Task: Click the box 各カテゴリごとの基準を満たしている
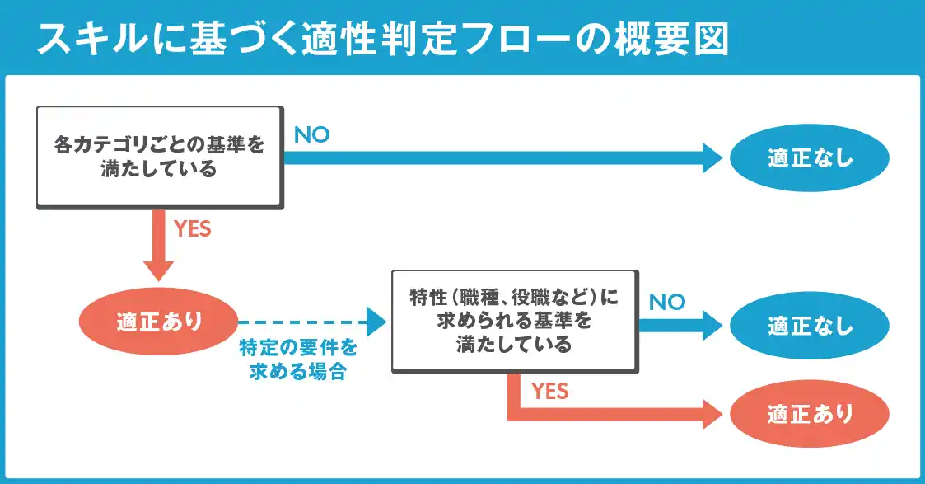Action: pos(160,157)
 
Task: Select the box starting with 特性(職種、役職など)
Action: pos(515,322)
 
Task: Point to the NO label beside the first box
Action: pos(311,135)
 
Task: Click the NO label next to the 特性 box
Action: pos(667,303)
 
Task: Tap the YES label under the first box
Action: pos(192,229)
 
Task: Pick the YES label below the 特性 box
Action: pos(549,391)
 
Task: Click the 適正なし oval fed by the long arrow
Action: pos(810,157)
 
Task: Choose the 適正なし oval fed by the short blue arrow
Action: pos(810,325)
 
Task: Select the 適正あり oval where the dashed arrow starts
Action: pos(159,322)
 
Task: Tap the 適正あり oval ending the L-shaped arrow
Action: pos(810,414)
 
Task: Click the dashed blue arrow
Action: pos(312,322)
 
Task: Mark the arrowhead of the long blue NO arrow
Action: pos(712,157)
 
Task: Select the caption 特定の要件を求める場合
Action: pos(298,359)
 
